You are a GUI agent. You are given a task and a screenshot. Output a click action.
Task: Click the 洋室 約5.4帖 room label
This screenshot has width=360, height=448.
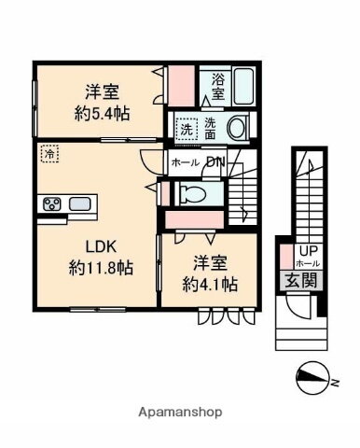(102, 103)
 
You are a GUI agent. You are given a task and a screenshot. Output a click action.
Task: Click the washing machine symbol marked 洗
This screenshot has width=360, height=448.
(187, 128)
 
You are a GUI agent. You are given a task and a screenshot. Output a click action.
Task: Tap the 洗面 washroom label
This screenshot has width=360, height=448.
(212, 128)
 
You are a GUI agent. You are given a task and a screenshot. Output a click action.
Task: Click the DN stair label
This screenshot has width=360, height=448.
(215, 163)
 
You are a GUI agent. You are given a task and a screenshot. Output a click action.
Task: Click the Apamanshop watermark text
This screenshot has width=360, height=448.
(179, 412)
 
